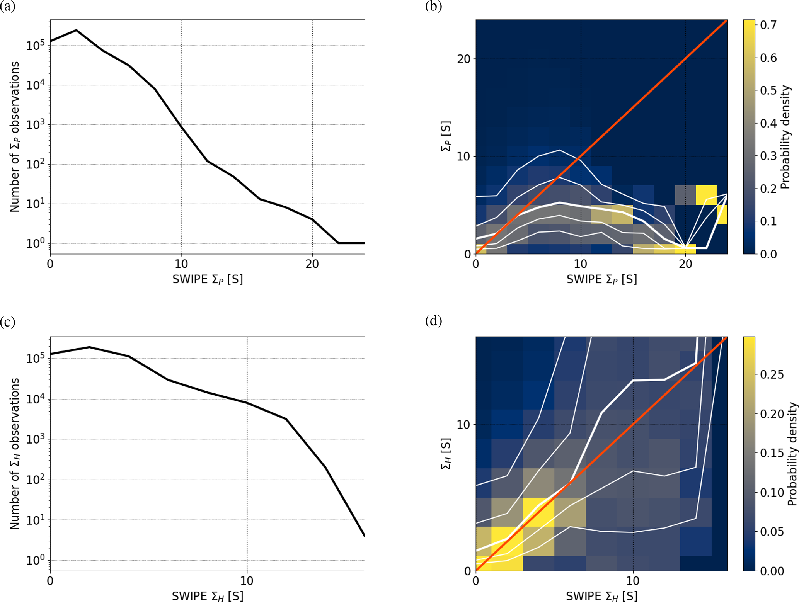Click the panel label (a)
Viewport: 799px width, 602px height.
click(8, 7)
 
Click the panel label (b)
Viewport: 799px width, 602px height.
click(433, 7)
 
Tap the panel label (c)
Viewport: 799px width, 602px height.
click(8, 321)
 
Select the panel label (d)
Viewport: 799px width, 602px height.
click(433, 321)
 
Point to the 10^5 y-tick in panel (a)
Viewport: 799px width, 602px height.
click(36, 46)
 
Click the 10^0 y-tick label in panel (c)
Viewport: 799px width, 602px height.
click(36, 560)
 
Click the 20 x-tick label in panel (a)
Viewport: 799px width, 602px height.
click(312, 264)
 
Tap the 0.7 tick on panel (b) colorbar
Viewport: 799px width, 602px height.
click(768, 25)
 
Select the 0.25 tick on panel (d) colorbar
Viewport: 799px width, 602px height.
click(772, 374)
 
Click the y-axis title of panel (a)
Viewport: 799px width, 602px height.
click(15, 137)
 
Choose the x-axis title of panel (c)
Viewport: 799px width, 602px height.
click(208, 596)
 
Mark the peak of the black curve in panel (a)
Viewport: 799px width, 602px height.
click(76, 30)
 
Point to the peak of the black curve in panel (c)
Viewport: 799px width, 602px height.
click(89, 347)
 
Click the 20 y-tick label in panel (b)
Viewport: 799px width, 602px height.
click(464, 59)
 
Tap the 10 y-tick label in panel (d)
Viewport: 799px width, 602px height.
click(464, 425)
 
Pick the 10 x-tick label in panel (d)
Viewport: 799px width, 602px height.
click(633, 581)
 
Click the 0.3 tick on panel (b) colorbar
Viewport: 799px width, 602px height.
click(768, 156)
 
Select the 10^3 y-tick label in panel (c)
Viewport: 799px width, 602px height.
click(36, 439)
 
